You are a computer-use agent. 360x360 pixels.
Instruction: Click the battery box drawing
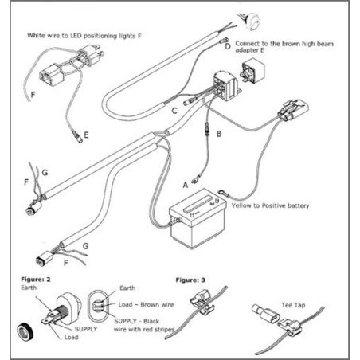click(x=198, y=219)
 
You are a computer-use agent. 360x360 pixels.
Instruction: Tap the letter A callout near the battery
click(x=186, y=185)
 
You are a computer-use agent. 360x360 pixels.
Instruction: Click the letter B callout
click(x=219, y=134)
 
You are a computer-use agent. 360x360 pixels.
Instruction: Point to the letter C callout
click(x=174, y=111)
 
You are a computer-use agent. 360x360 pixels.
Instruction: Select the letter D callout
click(x=228, y=47)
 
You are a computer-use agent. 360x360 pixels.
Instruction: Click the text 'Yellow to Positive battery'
click(x=270, y=205)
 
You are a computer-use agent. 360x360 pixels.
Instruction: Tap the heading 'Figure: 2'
click(x=36, y=280)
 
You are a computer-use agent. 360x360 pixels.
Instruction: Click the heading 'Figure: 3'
click(x=190, y=280)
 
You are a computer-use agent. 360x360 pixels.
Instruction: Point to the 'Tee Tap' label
click(x=293, y=305)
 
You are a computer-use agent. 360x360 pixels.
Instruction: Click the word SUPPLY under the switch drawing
click(x=86, y=329)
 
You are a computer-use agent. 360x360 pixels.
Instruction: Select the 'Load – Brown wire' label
click(x=146, y=304)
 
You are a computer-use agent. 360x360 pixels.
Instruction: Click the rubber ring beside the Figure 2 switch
click(x=25, y=332)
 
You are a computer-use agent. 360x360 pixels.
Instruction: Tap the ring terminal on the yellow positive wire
click(x=223, y=194)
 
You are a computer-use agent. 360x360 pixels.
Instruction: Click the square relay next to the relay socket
click(x=252, y=69)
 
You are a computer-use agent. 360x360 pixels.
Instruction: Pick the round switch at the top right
click(x=250, y=21)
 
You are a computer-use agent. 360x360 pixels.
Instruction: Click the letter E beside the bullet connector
click(x=86, y=135)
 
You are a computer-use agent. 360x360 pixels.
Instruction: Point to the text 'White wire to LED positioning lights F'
click(x=84, y=36)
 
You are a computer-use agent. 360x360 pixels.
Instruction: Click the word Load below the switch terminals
click(x=71, y=338)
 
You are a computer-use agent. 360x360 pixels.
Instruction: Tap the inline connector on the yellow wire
click(x=293, y=110)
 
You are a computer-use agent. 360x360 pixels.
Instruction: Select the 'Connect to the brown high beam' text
click(x=284, y=44)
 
